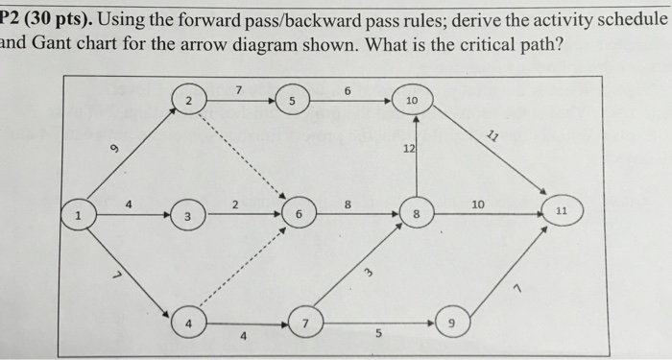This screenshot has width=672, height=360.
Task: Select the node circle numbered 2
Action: tap(189, 101)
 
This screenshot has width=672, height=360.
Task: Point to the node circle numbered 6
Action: tap(300, 216)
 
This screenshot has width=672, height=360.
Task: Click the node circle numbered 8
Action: tap(416, 216)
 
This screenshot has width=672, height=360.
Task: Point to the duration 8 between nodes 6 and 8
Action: tap(348, 204)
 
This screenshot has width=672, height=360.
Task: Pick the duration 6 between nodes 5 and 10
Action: tap(348, 89)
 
